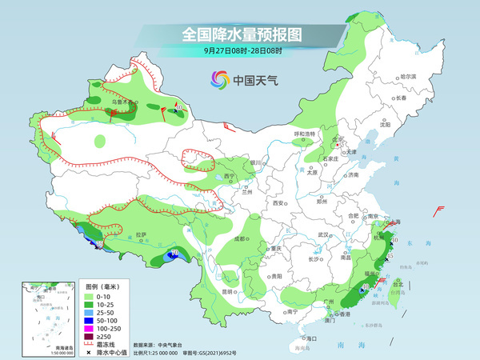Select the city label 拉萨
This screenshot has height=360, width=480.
pos(142,235)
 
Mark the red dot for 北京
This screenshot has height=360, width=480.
pos(335,144)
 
